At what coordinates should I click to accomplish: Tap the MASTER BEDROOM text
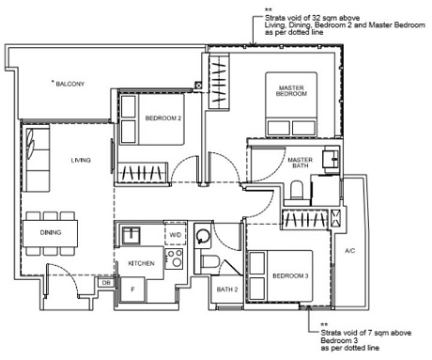(x=290, y=91)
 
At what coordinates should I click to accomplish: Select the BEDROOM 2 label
(x=162, y=117)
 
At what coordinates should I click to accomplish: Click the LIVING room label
(x=80, y=161)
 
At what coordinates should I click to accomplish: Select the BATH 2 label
(x=225, y=290)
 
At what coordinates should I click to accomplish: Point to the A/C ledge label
(x=349, y=251)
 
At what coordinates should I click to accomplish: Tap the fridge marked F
(x=131, y=290)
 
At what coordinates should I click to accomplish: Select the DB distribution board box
(x=106, y=282)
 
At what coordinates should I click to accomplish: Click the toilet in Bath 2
(x=213, y=262)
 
